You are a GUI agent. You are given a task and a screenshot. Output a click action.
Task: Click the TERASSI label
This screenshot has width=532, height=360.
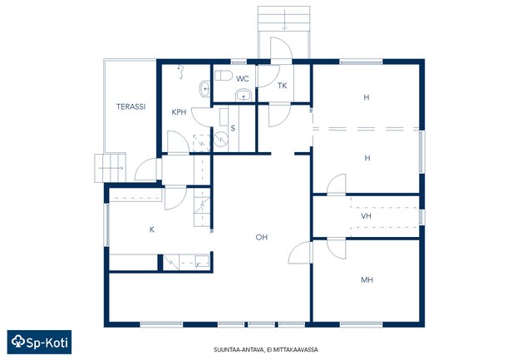coord(131,106)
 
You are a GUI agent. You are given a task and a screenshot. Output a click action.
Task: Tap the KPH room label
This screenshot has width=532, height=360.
coord(179,112)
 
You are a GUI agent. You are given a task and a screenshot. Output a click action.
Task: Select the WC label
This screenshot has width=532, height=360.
coord(243,79)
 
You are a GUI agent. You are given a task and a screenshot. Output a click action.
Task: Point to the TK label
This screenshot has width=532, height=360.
coord(283,86)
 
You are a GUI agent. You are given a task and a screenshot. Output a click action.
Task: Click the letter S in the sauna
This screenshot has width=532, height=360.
coord(233,128)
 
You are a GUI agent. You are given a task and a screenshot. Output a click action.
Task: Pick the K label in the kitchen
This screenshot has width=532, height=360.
coord(152,229)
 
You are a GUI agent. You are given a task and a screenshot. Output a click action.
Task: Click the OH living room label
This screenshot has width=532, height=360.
coord(262,237)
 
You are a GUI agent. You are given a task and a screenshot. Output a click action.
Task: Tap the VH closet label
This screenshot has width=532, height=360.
coord(366,216)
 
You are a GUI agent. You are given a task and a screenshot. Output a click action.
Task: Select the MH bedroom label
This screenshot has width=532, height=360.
coord(367,280)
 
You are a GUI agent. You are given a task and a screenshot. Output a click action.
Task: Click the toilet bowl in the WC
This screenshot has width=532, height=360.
coord(224,75)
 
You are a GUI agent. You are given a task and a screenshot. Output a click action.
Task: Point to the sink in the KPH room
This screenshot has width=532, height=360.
coord(204,89)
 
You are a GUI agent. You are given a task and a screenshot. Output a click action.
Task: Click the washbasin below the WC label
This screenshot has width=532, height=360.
coord(244,95)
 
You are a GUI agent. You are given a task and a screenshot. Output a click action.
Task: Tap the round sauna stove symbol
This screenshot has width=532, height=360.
coord(221,139)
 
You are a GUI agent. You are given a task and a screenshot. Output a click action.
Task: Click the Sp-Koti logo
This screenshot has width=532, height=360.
coord(39,342)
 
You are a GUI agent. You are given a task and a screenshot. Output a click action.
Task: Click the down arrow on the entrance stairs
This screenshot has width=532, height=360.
coord(284,20)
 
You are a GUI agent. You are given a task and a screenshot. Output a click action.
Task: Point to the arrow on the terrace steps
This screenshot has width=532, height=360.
coord(111,168)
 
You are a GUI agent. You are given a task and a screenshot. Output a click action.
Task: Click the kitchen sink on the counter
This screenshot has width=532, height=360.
coord(202,261)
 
